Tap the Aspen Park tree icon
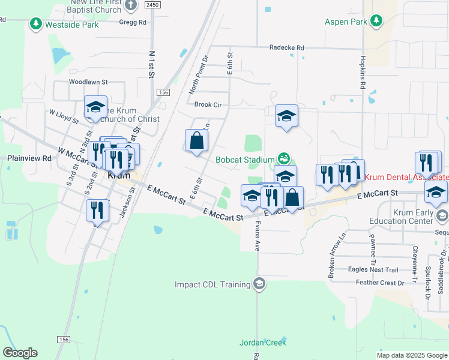(376, 22)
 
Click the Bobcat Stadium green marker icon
(283, 159)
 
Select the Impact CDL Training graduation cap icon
(259, 284)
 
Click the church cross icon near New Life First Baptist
(133, 5)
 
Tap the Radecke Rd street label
(287, 47)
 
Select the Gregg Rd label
(133, 22)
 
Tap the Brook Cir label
(208, 104)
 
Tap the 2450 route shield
(153, 4)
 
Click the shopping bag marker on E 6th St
(197, 141)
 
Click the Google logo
(20, 353)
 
